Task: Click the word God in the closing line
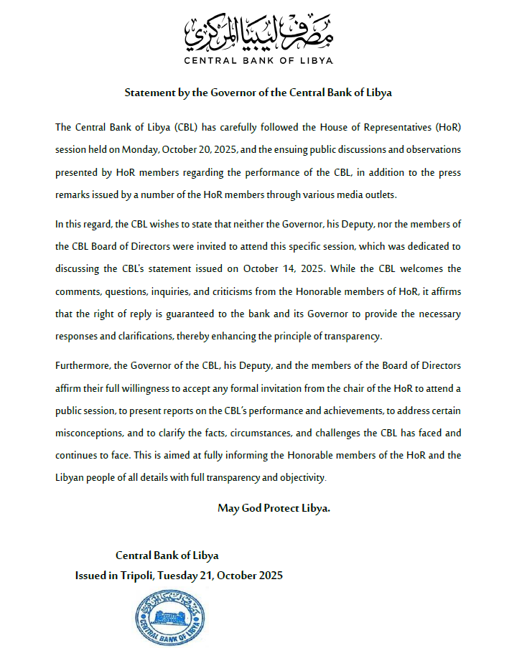point(251,508)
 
